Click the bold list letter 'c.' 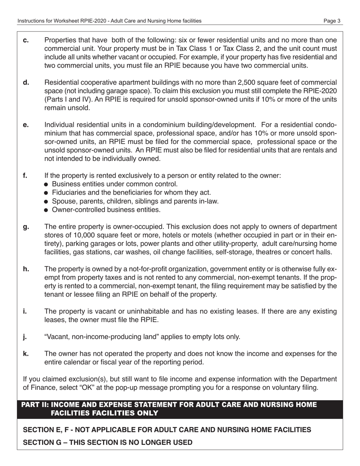26,40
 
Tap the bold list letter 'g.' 26,227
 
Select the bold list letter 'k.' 26,353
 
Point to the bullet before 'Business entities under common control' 46,185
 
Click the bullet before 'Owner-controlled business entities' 46,210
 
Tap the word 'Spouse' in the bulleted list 63,201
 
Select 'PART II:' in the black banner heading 35,405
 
